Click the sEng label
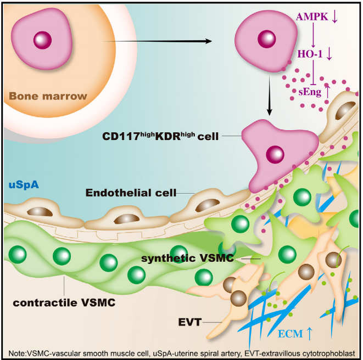point(310,91)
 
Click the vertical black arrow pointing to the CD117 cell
point(269,99)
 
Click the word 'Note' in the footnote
point(17,352)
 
